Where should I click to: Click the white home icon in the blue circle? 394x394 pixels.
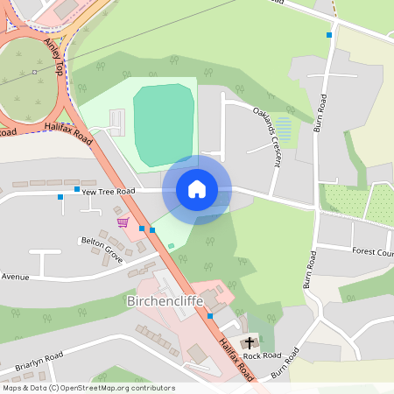click(197, 189)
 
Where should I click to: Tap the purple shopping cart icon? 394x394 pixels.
click(123, 222)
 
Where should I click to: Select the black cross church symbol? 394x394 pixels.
click(249, 342)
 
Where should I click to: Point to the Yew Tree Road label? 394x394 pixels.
click(109, 191)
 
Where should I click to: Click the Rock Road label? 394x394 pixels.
click(262, 355)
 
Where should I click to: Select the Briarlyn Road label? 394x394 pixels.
click(39, 357)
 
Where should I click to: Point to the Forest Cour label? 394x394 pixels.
click(372, 251)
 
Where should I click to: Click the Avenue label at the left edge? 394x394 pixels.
click(15, 277)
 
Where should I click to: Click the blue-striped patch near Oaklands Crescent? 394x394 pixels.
click(283, 131)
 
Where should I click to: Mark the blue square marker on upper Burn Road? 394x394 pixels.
click(329, 35)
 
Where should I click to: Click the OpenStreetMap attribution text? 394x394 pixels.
click(88, 388)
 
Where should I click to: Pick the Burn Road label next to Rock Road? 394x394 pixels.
click(286, 362)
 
